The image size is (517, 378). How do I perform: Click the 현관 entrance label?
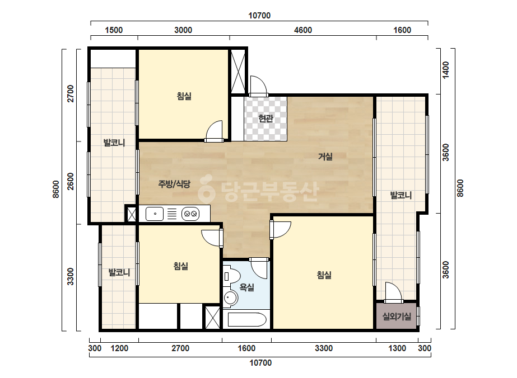tap(266, 118)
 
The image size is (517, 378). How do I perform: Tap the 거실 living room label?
tap(325, 157)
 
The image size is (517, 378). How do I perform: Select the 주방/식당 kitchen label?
tap(174, 184)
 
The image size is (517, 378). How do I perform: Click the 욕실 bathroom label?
tap(246, 287)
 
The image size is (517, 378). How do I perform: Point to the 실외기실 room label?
tap(397, 316)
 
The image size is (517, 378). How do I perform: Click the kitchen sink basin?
tap(154, 214)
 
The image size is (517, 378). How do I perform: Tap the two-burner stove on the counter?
tap(190, 214)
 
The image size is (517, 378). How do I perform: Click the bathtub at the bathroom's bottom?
tap(247, 320)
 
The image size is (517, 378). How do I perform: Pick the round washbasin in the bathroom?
tap(230, 298)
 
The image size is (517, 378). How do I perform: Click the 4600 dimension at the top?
tap(302, 30)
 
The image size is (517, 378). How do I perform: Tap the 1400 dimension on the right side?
tap(445, 70)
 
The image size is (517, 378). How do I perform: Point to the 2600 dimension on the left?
tap(71, 181)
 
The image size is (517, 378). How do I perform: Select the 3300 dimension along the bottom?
tap(323, 348)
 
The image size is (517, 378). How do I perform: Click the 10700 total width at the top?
tap(259, 16)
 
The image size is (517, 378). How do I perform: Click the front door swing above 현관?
tap(258, 86)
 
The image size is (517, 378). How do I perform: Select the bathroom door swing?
tap(259, 268)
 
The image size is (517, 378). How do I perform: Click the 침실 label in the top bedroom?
tap(184, 96)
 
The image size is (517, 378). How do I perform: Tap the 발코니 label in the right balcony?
tap(400, 195)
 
